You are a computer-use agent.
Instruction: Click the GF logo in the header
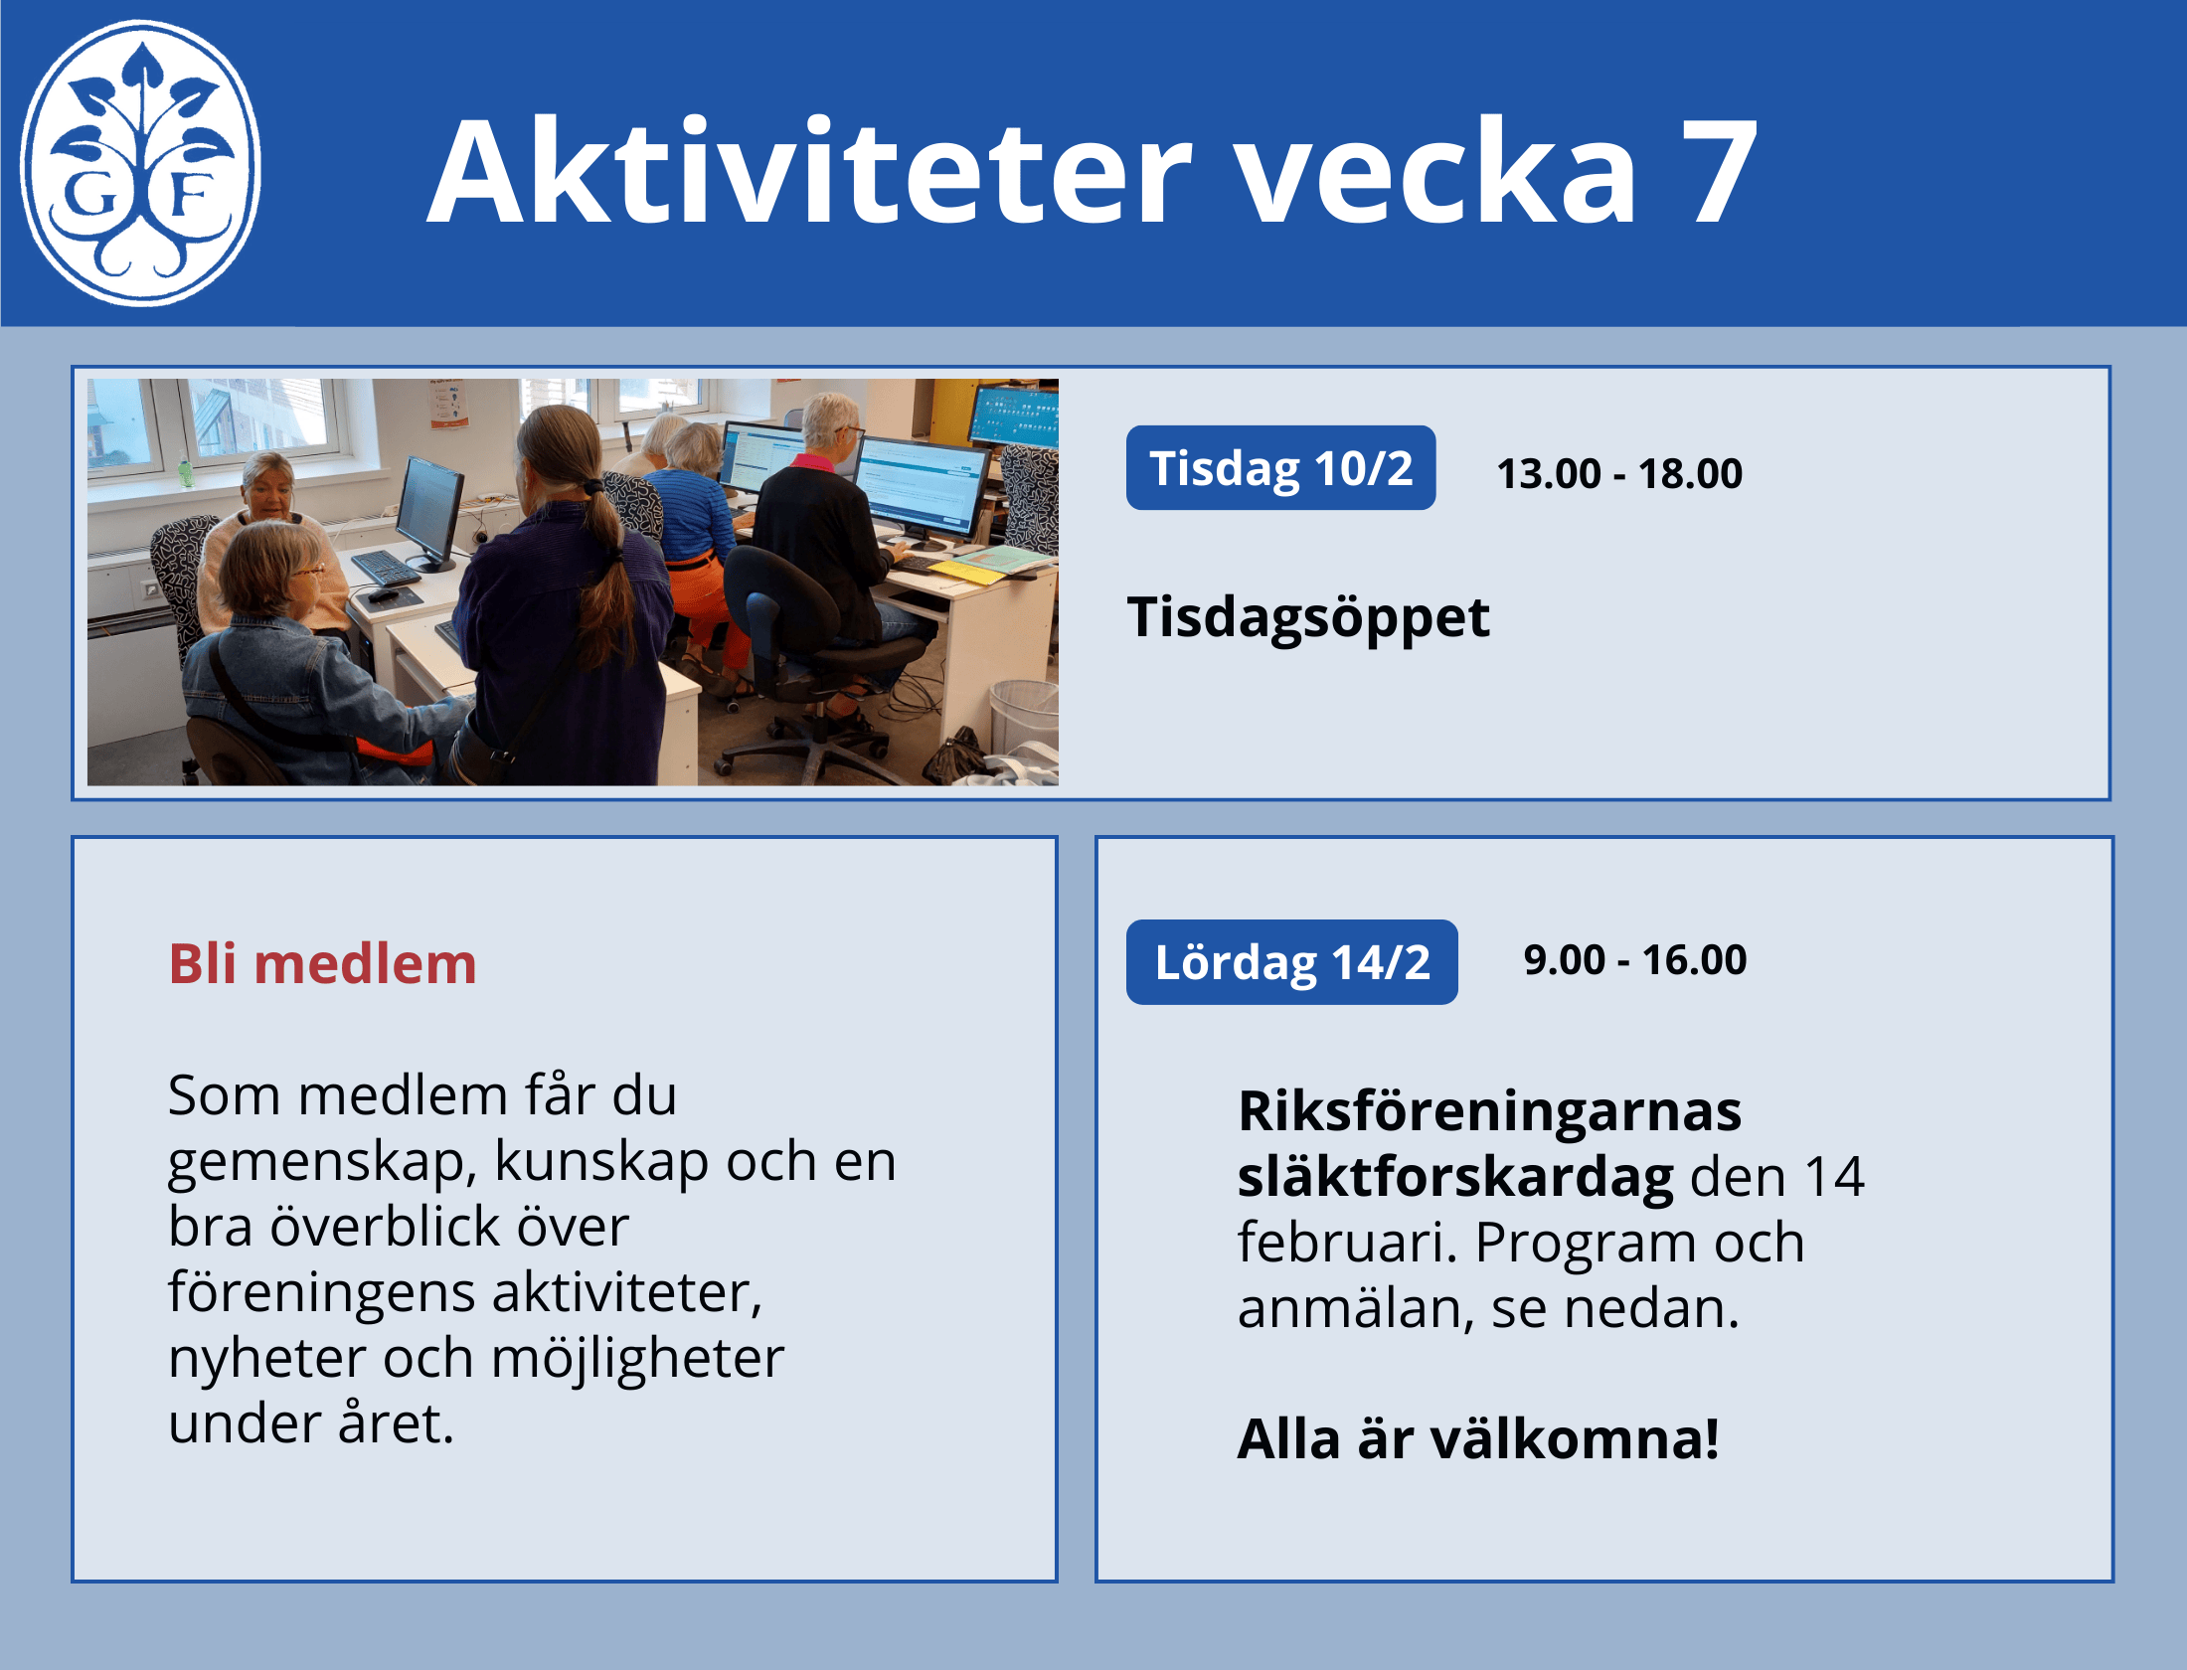click(140, 163)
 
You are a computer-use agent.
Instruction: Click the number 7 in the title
click(1719, 171)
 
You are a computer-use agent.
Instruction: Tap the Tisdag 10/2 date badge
click(1280, 468)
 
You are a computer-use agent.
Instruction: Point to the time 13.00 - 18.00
click(1619, 473)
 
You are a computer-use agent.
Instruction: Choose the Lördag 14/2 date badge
click(1291, 962)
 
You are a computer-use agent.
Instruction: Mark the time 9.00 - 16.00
click(1634, 959)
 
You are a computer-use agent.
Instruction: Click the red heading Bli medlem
click(322, 964)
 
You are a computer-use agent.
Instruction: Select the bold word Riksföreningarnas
click(1489, 1110)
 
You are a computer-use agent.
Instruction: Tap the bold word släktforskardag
click(1455, 1178)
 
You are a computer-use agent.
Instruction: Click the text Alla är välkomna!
click(1478, 1439)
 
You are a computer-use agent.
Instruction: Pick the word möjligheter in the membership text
click(637, 1359)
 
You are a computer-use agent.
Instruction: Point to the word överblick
click(449, 1228)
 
